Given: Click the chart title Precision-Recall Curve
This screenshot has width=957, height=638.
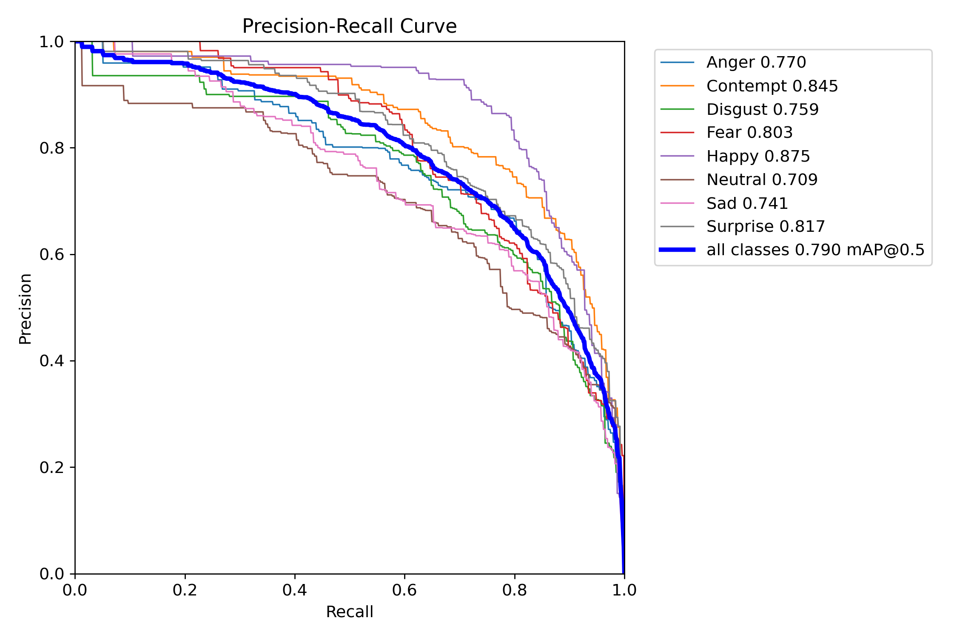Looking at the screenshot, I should pyautogui.click(x=349, y=26).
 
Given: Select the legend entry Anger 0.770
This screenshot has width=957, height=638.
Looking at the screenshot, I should pyautogui.click(x=756, y=63).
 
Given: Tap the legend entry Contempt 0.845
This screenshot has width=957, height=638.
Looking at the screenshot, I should pyautogui.click(x=772, y=86).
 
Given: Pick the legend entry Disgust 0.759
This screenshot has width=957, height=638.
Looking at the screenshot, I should pyautogui.click(x=762, y=110).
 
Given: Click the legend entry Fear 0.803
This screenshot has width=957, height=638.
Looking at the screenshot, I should pyautogui.click(x=749, y=133).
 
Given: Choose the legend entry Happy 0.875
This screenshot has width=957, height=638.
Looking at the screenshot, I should pyautogui.click(x=758, y=157).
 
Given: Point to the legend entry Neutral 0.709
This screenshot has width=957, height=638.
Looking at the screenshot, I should pyautogui.click(x=762, y=180).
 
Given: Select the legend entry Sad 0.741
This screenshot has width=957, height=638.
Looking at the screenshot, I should pyautogui.click(x=747, y=204).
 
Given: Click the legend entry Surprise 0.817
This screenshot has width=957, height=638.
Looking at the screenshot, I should pyautogui.click(x=765, y=227).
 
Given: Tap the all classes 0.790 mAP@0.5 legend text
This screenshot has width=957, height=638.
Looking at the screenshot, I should pyautogui.click(x=815, y=250).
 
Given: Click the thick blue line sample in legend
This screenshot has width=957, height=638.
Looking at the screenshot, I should pyautogui.click(x=677, y=250).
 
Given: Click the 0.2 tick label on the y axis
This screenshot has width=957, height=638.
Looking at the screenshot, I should pyautogui.click(x=51, y=467).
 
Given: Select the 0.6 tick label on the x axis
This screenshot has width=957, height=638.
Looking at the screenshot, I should pyautogui.click(x=404, y=590).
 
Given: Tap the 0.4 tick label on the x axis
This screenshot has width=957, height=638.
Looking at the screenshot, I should pyautogui.click(x=295, y=590).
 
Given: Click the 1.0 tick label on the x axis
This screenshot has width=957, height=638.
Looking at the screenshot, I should pyautogui.click(x=624, y=590).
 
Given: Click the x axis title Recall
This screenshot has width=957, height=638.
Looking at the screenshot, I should pyautogui.click(x=349, y=612).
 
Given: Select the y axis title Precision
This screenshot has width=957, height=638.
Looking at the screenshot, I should pyautogui.click(x=26, y=309).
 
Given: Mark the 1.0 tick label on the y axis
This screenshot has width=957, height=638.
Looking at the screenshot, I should pyautogui.click(x=51, y=42).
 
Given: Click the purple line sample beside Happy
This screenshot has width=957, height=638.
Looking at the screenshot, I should pyautogui.click(x=677, y=157).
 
